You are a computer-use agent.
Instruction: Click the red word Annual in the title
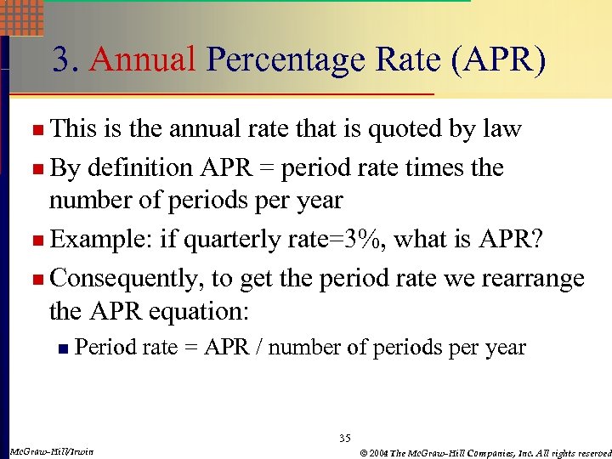(x=143, y=60)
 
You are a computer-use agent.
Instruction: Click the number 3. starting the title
(x=67, y=60)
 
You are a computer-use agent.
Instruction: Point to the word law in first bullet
(x=501, y=129)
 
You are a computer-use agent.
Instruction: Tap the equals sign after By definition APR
(x=266, y=168)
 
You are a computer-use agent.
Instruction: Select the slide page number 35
(x=344, y=439)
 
